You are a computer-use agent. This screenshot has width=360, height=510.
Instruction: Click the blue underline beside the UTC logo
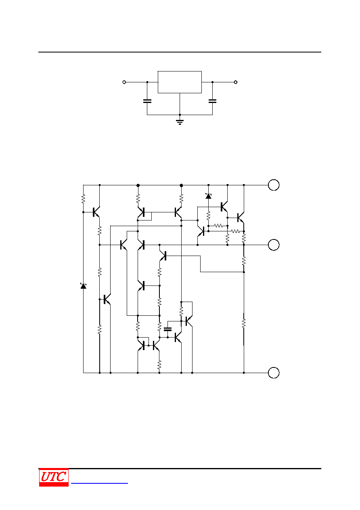[99, 483]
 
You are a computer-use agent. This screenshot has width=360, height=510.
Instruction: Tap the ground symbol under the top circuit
[180, 122]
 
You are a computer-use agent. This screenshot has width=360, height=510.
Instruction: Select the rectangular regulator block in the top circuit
[180, 82]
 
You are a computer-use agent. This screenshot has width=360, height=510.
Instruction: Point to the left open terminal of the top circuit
[124, 82]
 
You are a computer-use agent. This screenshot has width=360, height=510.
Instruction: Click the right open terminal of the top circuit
[236, 82]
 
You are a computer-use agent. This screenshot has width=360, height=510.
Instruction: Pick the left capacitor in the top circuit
[147, 101]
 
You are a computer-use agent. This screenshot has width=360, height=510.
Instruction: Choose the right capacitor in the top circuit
[213, 101]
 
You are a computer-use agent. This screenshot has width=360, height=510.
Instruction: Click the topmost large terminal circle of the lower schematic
[274, 185]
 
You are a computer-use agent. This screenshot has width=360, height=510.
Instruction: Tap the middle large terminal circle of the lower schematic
[274, 245]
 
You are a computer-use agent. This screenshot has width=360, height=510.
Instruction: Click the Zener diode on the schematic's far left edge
[83, 286]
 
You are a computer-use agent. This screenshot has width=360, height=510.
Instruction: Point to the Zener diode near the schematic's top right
[208, 196]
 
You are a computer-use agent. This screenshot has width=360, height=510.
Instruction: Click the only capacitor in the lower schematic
[168, 329]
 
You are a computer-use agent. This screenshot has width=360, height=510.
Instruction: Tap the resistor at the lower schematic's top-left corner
[83, 199]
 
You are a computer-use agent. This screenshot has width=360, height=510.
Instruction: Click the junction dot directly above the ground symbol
[180, 115]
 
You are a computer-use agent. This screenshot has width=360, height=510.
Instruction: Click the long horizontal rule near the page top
[180, 52]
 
